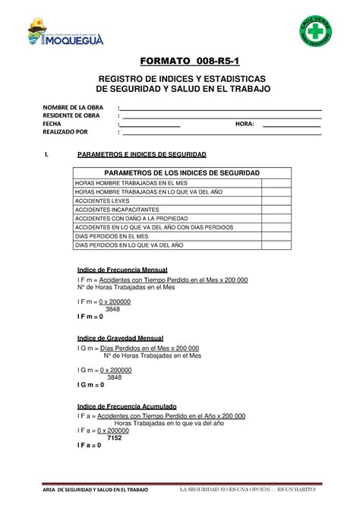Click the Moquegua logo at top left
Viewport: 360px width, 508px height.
point(58,35)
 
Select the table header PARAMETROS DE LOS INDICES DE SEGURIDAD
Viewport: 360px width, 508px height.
point(182,174)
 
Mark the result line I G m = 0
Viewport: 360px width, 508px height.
point(91,385)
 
